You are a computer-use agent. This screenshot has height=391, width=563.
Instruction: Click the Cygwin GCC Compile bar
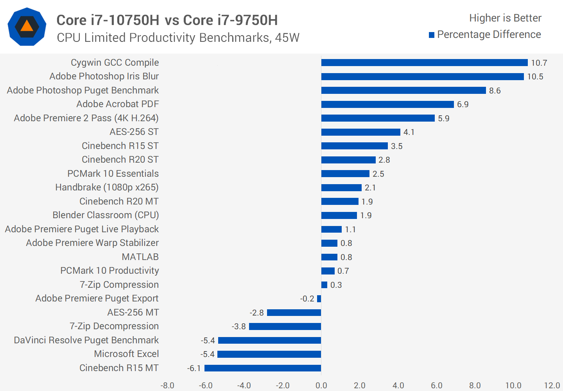[424, 63]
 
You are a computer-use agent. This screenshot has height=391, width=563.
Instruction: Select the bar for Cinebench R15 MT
[263, 368]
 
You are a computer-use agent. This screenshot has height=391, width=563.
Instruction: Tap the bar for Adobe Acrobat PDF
[387, 104]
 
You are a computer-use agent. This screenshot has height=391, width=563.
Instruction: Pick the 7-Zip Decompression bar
[285, 326]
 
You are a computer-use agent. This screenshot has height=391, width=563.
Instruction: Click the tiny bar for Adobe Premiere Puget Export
[319, 299]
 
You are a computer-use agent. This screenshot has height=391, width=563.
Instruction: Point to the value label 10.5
[535, 77]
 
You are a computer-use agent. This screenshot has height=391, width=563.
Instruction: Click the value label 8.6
[495, 91]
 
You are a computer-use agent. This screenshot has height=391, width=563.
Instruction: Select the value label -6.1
[194, 368]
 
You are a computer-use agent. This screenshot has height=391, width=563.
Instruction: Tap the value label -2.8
[257, 313]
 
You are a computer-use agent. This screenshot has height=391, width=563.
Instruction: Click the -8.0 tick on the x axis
[167, 386]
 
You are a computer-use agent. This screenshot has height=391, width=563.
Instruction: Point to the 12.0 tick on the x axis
[552, 386]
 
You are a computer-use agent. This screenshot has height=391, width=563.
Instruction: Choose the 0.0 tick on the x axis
[321, 386]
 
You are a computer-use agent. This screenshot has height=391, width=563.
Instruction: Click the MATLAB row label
[140, 257]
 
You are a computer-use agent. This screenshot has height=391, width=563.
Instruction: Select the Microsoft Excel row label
[126, 354]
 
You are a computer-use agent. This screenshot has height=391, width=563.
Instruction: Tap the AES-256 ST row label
[134, 132]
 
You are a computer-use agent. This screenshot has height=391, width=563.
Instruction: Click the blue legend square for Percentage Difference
[432, 35]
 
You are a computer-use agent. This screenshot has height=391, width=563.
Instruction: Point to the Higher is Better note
[505, 18]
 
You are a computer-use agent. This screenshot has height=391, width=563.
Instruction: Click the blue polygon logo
[27, 27]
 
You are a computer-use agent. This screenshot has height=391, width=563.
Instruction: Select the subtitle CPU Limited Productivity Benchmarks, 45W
[178, 38]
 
